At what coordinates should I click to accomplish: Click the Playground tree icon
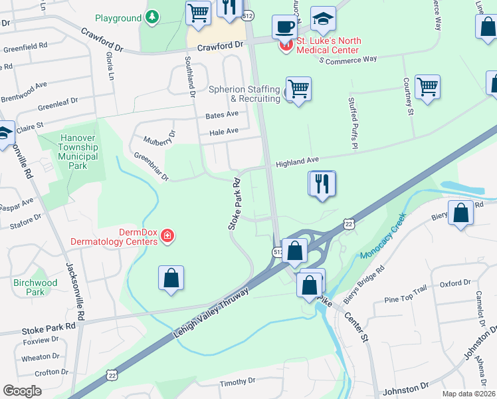(153, 17)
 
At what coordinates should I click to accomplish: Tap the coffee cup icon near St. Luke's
(284, 27)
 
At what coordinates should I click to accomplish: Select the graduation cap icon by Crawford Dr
(323, 21)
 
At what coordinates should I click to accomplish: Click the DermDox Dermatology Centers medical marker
(167, 236)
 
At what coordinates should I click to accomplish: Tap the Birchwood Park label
(35, 287)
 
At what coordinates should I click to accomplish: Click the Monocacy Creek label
(382, 237)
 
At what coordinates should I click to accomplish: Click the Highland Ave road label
(298, 161)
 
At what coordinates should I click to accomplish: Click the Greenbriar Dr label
(151, 167)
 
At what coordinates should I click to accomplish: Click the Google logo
(22, 390)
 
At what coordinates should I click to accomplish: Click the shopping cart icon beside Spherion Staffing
(298, 88)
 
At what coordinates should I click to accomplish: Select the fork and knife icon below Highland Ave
(322, 183)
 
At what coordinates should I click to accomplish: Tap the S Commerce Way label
(348, 60)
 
